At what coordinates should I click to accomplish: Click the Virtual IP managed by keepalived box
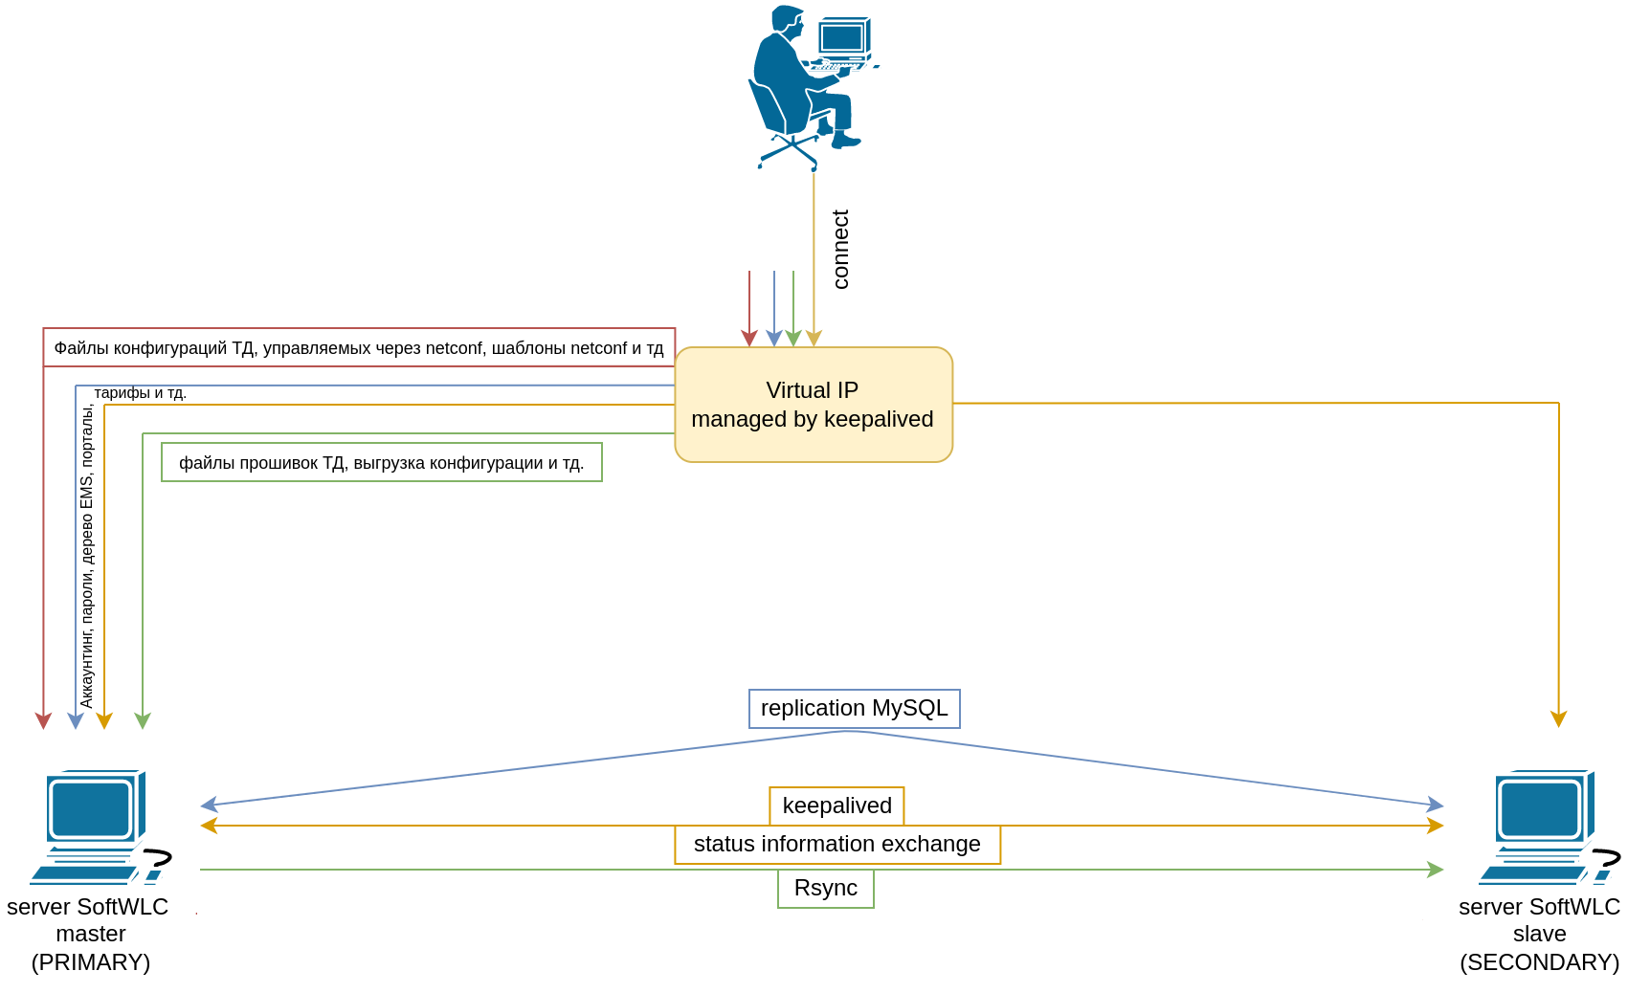click(x=814, y=405)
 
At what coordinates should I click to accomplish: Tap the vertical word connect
click(x=840, y=249)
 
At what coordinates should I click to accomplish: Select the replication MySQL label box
click(x=854, y=709)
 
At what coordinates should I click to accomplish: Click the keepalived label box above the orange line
click(x=836, y=805)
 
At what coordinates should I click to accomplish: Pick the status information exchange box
click(x=836, y=845)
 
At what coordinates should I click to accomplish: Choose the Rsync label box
click(x=825, y=889)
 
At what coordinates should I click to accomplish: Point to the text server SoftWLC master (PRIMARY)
click(x=89, y=935)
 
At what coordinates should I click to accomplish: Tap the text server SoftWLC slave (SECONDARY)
click(x=1539, y=935)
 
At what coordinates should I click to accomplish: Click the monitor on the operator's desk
click(x=842, y=37)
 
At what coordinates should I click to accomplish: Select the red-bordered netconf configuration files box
click(x=359, y=348)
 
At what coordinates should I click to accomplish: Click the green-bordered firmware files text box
click(x=381, y=463)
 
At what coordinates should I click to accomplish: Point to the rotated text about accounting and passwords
click(x=87, y=555)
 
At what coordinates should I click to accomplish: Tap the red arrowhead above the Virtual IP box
click(x=749, y=339)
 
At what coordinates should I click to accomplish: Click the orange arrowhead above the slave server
click(x=1558, y=719)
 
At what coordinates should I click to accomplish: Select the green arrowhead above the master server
click(x=143, y=720)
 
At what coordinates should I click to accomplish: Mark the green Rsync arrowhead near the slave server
click(x=1436, y=870)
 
